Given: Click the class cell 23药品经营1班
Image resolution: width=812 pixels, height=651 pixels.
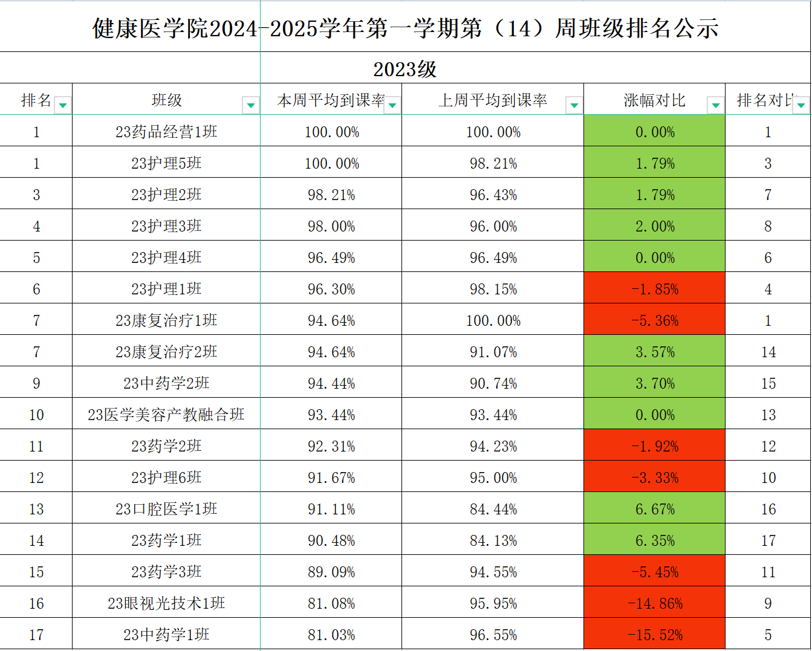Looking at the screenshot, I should [x=166, y=132].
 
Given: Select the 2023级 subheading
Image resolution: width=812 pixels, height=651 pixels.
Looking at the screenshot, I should [x=404, y=69].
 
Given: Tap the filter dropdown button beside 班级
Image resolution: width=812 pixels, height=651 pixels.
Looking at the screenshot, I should [x=250, y=105].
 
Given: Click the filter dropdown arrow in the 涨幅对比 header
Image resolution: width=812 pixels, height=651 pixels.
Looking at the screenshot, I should [x=715, y=105].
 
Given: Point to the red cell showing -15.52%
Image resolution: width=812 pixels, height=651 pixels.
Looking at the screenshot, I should [x=655, y=635].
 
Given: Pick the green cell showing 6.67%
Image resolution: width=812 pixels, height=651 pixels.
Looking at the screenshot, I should [x=655, y=509].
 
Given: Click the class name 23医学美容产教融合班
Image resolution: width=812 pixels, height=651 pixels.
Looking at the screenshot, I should [x=166, y=415].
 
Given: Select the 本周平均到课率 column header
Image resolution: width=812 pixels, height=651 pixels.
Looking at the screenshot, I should [x=330, y=100].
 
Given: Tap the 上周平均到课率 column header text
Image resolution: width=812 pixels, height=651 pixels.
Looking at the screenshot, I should [x=493, y=100].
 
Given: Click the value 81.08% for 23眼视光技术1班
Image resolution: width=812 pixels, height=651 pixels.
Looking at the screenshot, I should [x=331, y=603].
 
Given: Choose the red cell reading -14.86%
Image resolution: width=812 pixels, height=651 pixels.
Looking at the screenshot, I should [x=655, y=603].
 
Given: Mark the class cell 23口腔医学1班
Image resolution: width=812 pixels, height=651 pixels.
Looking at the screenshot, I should [x=166, y=509].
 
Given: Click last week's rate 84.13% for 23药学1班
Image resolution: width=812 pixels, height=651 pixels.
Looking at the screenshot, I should [x=493, y=540].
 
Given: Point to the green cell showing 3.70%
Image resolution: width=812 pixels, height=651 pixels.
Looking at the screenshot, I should [x=655, y=383].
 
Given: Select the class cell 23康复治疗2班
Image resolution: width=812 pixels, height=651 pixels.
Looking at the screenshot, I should [x=166, y=352].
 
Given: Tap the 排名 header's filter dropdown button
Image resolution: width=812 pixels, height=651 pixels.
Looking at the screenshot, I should [x=62, y=105].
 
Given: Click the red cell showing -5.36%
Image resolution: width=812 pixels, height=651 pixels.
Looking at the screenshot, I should [x=655, y=320].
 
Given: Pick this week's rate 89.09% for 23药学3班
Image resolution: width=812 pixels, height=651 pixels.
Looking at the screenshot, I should [x=331, y=572].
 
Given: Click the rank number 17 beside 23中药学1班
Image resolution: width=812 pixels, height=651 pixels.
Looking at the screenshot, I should [x=36, y=635].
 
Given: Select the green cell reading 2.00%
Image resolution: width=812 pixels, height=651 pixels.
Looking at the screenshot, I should [x=655, y=226].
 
